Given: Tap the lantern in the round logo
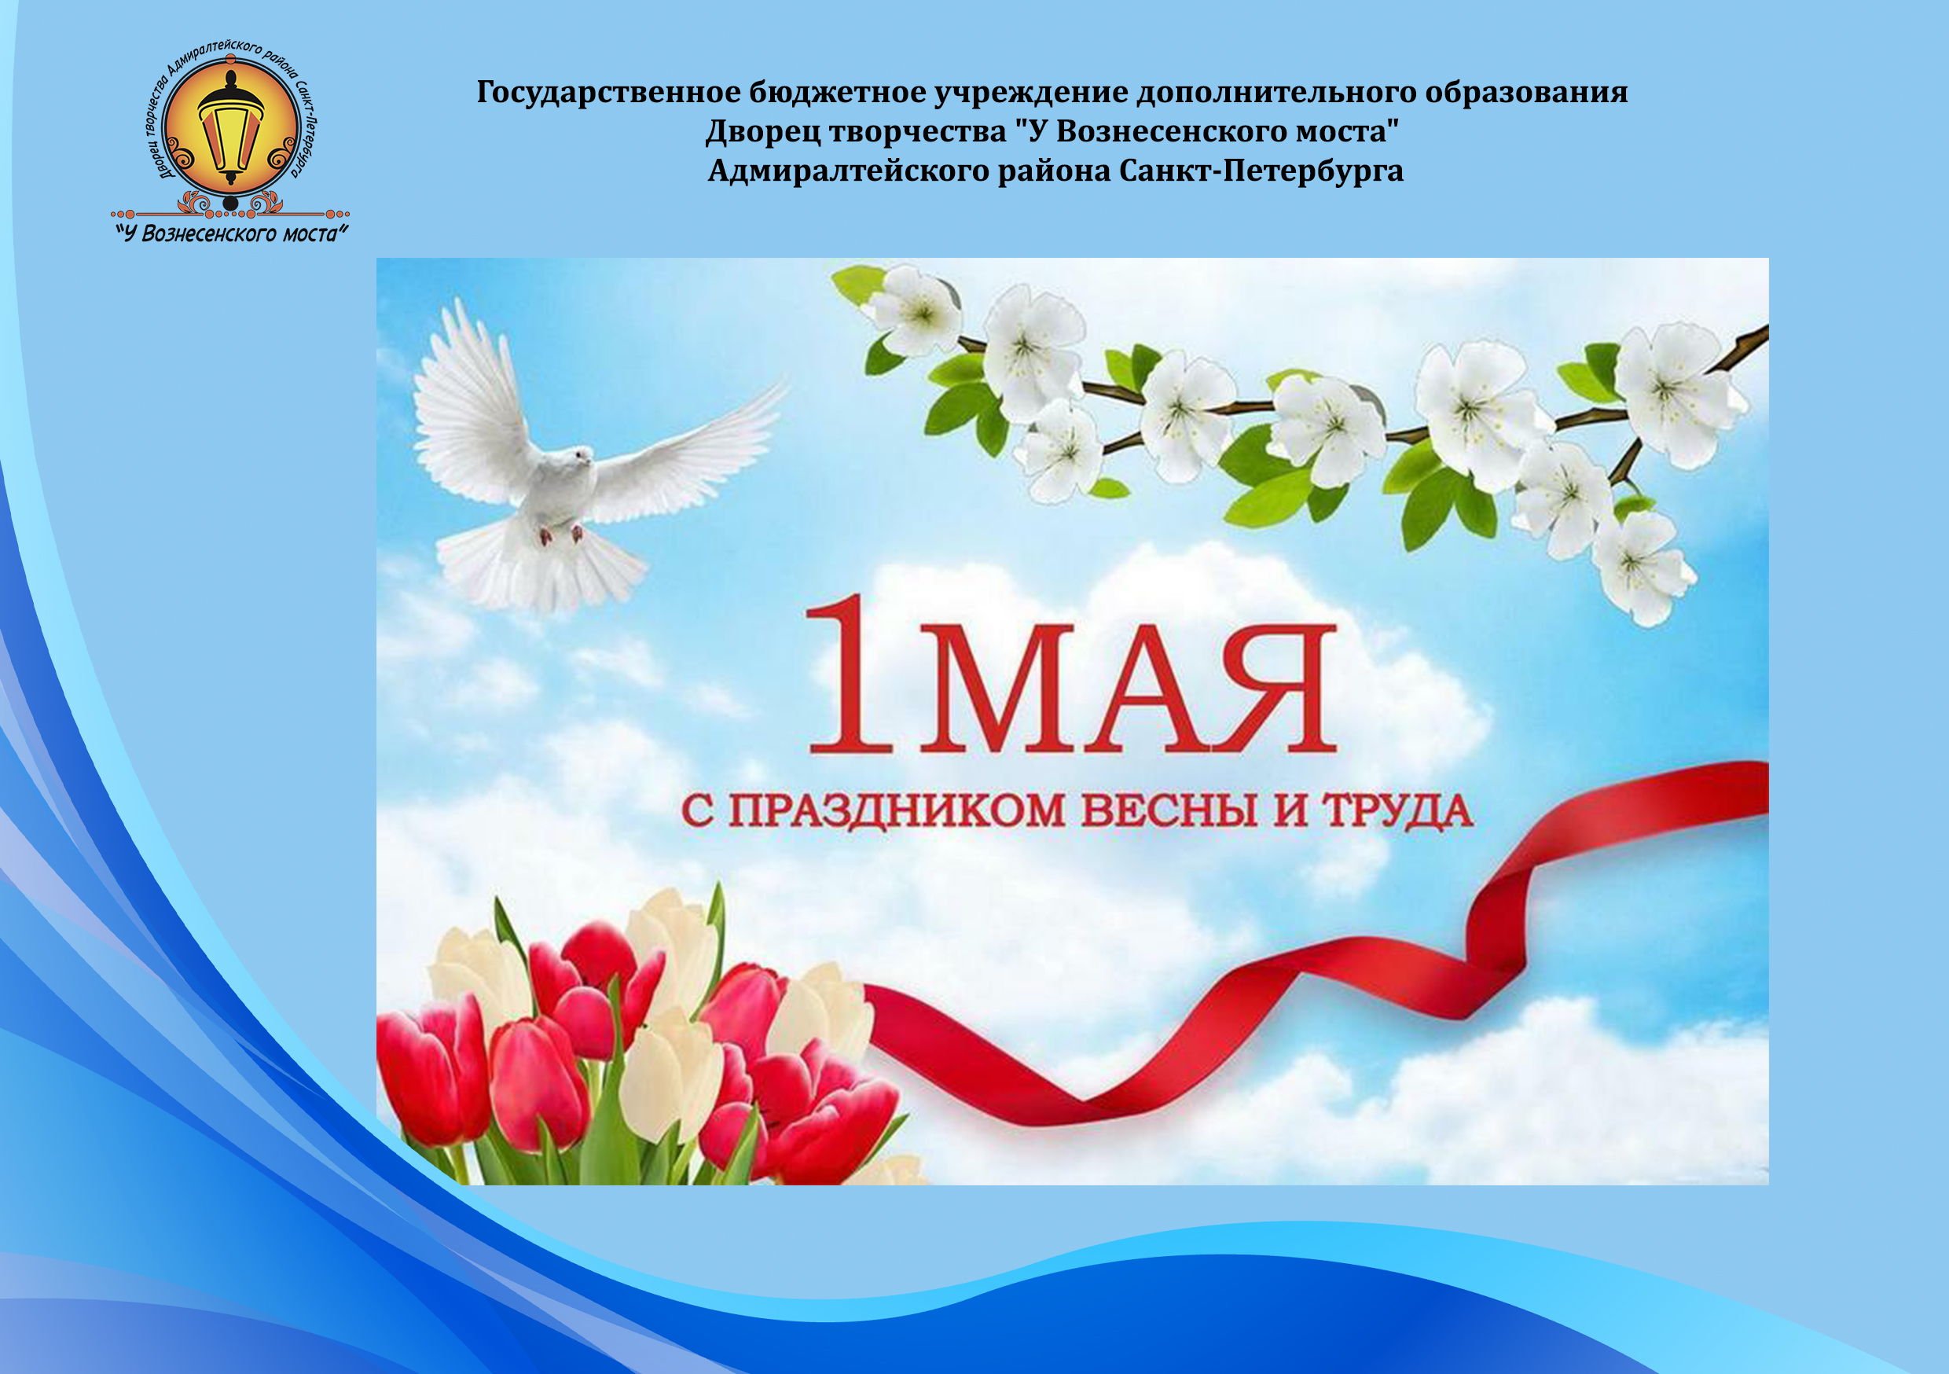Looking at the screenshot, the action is click(230, 128).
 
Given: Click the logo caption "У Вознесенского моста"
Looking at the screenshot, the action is click(231, 233).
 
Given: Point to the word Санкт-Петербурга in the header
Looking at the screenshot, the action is click(1261, 171).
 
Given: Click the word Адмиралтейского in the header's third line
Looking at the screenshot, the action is click(849, 171).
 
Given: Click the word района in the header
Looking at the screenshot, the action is click(1053, 171).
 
